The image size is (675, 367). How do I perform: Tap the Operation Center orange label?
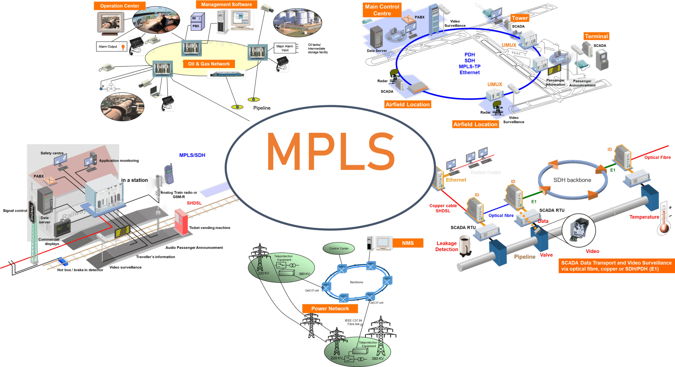click(119, 6)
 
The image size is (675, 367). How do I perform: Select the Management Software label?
click(226, 4)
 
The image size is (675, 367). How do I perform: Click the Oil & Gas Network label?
click(209, 64)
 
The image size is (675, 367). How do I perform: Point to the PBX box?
click(197, 22)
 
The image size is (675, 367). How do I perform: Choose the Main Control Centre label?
click(382, 10)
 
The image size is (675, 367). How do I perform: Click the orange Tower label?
click(519, 18)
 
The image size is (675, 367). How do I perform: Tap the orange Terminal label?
click(596, 36)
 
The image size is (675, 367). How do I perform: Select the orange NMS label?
click(408, 243)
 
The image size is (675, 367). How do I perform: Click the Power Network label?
click(330, 308)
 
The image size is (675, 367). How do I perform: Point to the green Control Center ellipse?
click(339, 248)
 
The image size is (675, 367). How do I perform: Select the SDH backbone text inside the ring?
click(572, 180)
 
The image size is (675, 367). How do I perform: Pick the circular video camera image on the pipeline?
click(578, 230)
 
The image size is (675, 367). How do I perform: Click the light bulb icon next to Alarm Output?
click(123, 47)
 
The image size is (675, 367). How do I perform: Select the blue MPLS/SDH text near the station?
click(192, 155)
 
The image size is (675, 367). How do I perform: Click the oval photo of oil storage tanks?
click(297, 22)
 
